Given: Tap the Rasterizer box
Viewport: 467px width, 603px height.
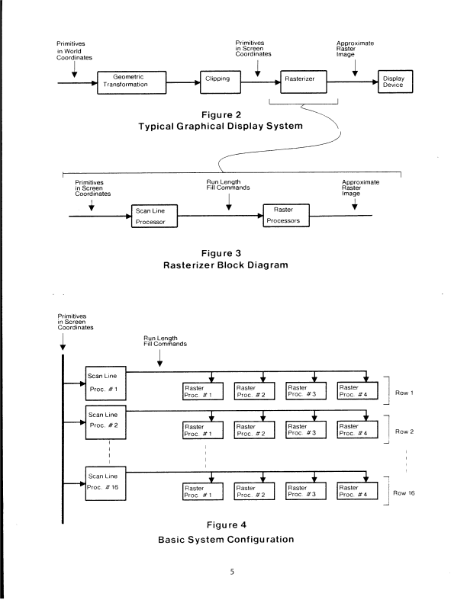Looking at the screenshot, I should click(x=296, y=79).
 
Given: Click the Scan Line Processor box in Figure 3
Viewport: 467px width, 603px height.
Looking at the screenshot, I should click(x=155, y=217).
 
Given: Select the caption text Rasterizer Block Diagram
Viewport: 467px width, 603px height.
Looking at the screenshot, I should click(x=233, y=265).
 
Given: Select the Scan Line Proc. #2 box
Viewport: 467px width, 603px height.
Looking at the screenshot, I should click(x=104, y=424).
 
